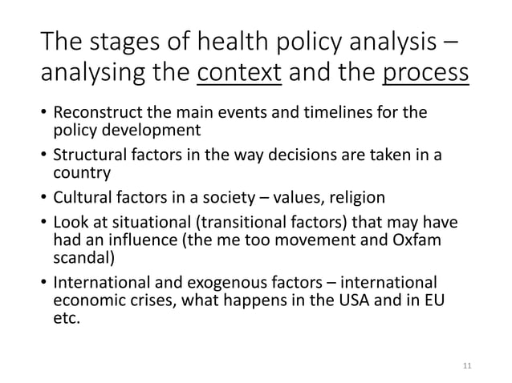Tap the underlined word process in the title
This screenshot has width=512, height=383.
(x=425, y=75)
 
